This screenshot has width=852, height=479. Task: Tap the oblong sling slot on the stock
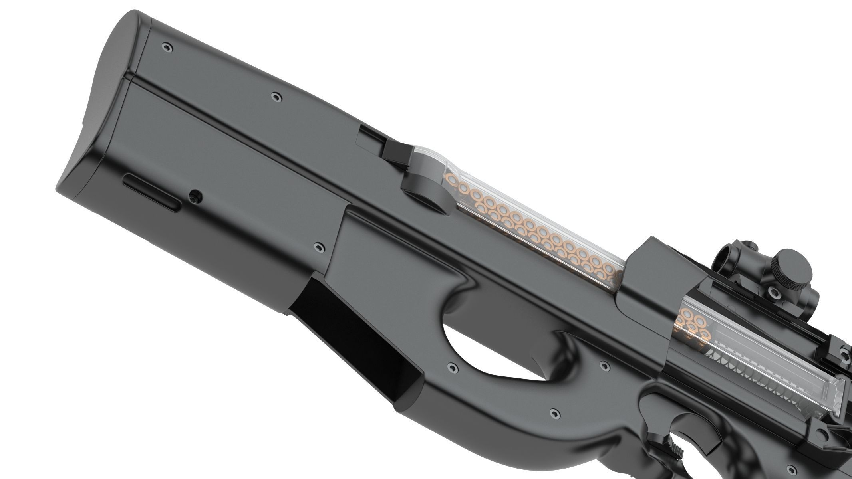point(151,195)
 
